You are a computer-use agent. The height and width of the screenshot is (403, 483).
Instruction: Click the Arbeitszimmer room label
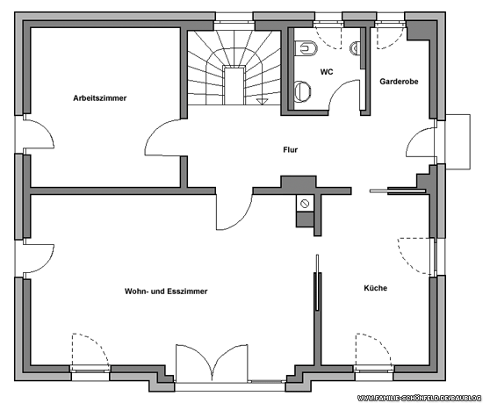(100, 98)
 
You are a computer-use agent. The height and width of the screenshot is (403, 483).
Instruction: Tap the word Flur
(290, 150)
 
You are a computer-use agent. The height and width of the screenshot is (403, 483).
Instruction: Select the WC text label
(327, 72)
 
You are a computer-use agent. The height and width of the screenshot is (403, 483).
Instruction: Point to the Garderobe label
(399, 82)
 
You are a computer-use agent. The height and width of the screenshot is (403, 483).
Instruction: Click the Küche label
(376, 288)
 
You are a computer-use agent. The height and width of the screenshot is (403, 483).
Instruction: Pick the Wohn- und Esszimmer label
(166, 291)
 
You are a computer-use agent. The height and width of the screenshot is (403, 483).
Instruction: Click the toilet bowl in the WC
(306, 48)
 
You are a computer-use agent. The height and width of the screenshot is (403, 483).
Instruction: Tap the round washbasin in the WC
(302, 91)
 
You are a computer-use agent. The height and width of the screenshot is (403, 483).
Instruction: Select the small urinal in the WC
(355, 47)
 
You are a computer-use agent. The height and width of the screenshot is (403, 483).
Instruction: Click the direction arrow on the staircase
(262, 102)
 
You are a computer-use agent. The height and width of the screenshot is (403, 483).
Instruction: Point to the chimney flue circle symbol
(305, 204)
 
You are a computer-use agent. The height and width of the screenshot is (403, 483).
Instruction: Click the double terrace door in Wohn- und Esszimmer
(212, 363)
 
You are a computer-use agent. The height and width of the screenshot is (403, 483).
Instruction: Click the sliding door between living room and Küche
(318, 283)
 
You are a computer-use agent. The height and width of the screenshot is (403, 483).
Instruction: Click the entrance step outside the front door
(458, 141)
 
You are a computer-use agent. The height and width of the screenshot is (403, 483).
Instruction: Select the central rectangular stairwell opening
(234, 86)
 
